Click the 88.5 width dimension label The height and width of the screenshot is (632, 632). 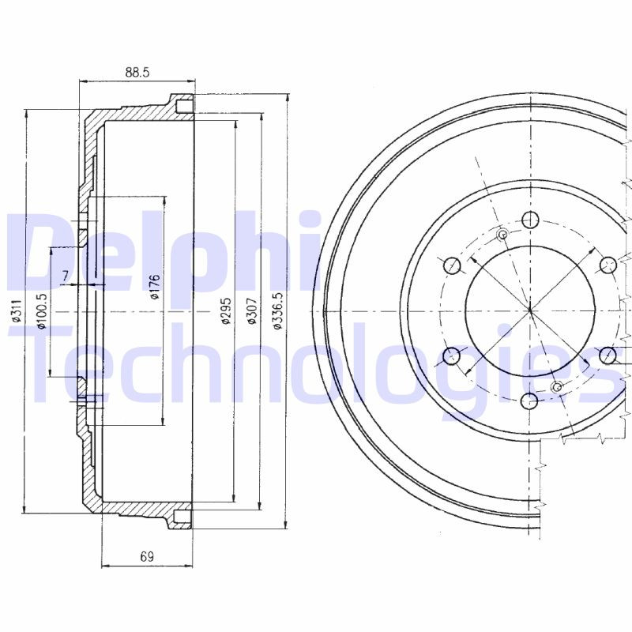137,72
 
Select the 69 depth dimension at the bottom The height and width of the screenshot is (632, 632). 147,557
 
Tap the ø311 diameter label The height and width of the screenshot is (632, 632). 16,311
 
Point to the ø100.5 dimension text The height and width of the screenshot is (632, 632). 42,311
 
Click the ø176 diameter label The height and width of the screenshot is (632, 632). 155,287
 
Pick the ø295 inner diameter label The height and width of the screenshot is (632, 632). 226,310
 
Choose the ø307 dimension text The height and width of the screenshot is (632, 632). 251,310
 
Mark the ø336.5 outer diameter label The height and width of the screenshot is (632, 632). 278,310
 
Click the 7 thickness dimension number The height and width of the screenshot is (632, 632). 66,276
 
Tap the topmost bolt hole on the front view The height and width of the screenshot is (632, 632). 530,220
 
